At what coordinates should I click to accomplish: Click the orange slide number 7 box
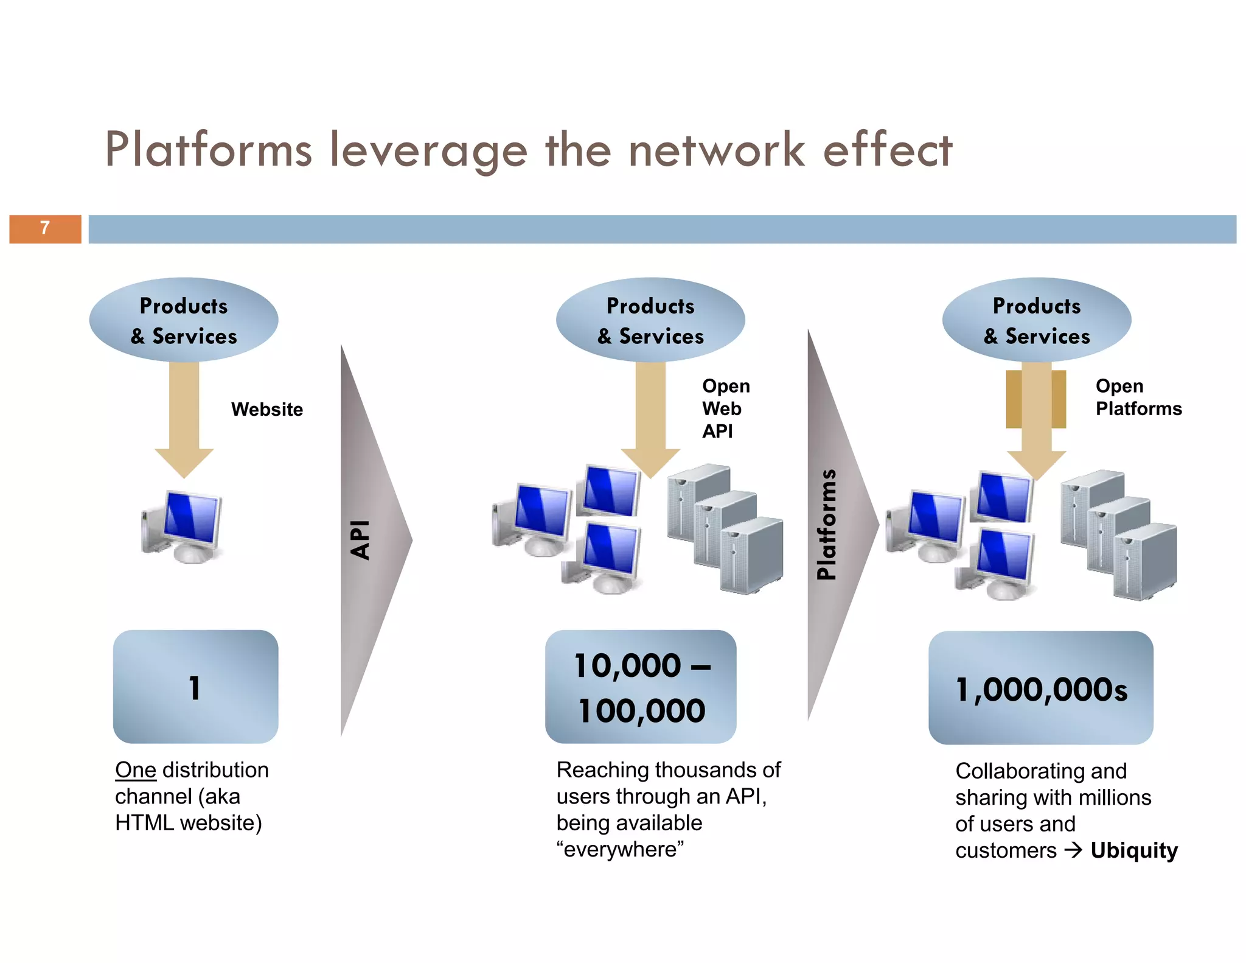coord(45,229)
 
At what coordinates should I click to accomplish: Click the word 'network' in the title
coord(717,150)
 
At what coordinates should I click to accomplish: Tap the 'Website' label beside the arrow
coord(266,409)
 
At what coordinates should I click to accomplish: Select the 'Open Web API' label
coord(725,408)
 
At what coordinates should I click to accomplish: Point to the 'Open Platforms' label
coord(1138,397)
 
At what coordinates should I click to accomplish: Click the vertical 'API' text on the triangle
coord(361,539)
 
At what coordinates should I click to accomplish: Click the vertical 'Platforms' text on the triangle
coord(826,524)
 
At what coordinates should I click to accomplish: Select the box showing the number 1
coord(195,687)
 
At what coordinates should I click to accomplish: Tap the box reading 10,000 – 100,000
coord(641,687)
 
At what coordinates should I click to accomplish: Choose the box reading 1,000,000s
coord(1040,688)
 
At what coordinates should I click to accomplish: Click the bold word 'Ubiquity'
coord(1133,850)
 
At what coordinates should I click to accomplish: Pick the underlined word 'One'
coord(136,770)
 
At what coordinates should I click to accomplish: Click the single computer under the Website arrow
coord(183,527)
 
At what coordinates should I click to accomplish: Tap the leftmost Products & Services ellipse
coord(184,320)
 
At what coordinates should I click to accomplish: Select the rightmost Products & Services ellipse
coord(1036,320)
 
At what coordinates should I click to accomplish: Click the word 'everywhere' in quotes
coord(620,849)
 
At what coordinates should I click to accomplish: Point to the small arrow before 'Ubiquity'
coord(1073,850)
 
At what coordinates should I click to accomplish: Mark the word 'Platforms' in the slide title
coord(209,150)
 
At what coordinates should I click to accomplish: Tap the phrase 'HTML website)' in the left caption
coord(189,823)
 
